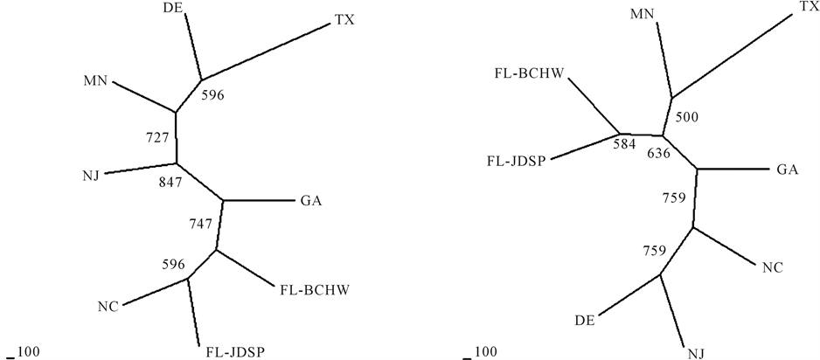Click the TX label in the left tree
coord(346,19)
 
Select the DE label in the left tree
coord(174,9)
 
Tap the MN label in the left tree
coord(95,81)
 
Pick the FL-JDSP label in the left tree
coord(235,352)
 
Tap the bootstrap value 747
coord(201,224)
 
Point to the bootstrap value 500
coord(688,116)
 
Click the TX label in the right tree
coord(809,7)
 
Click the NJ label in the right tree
coord(696,352)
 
